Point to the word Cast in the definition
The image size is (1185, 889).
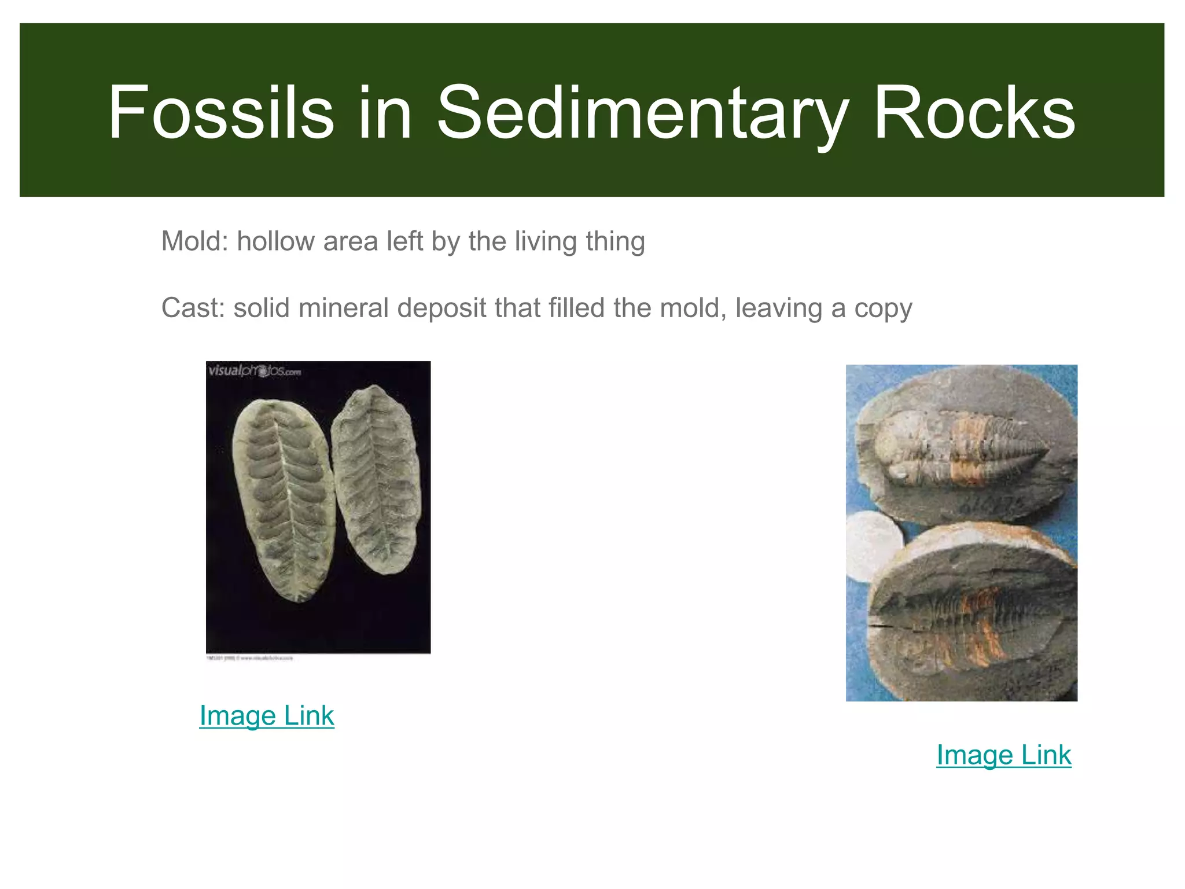click(189, 308)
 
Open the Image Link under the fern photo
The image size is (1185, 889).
click(267, 716)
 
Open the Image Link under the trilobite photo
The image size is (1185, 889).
click(1004, 755)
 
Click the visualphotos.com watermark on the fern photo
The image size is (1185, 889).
click(255, 371)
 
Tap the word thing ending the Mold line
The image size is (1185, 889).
click(615, 241)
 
